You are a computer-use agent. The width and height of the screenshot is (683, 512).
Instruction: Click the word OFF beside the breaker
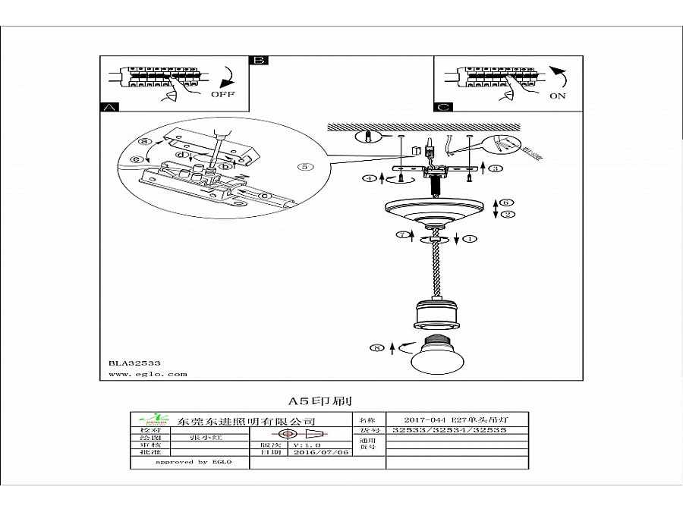[x=222, y=96]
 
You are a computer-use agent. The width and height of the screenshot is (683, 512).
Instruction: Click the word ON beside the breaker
[x=558, y=96]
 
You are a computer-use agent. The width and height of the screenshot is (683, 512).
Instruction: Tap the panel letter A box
[x=109, y=107]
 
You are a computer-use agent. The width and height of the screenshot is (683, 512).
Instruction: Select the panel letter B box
[x=260, y=60]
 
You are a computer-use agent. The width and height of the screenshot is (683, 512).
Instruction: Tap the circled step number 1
[x=470, y=239]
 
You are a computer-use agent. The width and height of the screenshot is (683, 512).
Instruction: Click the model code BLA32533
[x=130, y=363]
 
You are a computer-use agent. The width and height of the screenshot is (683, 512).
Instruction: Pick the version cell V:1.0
[x=307, y=444]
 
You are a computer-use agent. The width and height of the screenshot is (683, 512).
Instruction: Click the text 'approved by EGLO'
[x=193, y=462]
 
